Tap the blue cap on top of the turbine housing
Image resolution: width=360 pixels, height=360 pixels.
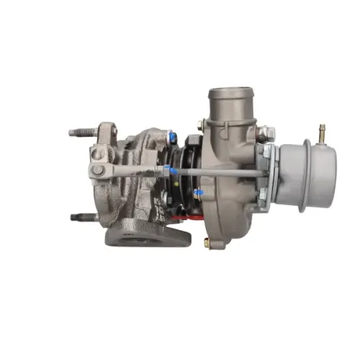pyautogui.click(x=172, y=137)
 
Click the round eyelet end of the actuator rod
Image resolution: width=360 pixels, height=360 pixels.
pyautogui.click(x=96, y=171)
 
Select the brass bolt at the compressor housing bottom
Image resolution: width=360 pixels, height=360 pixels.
pyautogui.click(x=207, y=243)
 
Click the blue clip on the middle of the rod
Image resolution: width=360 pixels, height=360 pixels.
pyautogui.click(x=167, y=171)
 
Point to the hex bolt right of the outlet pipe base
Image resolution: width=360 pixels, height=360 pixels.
pyautogui.click(x=264, y=133)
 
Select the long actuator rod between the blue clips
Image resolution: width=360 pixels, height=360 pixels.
pyautogui.click(x=216, y=172)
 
